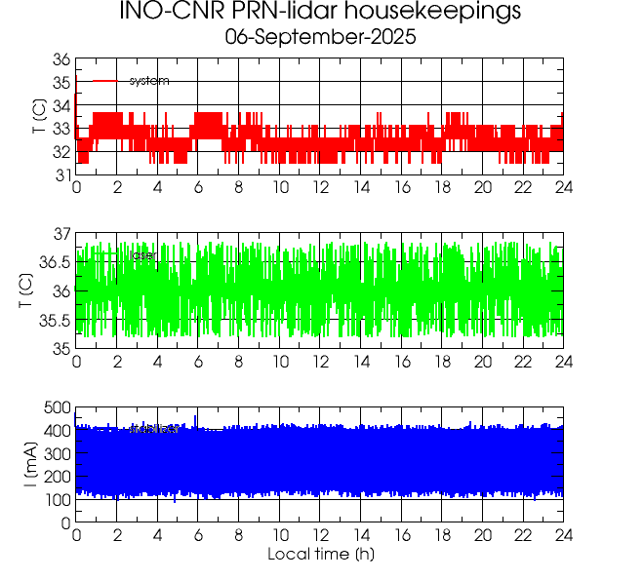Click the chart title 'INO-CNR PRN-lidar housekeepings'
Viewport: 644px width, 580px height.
320,13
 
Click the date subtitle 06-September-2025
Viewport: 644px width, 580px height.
320,38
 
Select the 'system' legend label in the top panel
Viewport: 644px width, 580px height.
149,81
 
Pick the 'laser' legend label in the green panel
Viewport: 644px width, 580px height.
143,255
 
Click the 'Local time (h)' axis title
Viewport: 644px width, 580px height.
321,555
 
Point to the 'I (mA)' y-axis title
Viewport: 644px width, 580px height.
32,465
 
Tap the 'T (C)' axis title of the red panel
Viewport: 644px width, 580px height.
38,117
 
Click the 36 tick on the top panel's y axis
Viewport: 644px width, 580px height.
60,58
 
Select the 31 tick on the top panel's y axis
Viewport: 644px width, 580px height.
60,174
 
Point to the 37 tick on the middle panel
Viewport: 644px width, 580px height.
60,233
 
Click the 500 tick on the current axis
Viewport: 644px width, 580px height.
56,407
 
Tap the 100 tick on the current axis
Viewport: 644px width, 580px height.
56,499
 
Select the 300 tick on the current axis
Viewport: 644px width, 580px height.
56,453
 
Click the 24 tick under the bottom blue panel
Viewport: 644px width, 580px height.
563,535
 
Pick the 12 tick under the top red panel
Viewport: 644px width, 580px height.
320,187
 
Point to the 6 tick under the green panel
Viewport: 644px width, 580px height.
198,362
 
